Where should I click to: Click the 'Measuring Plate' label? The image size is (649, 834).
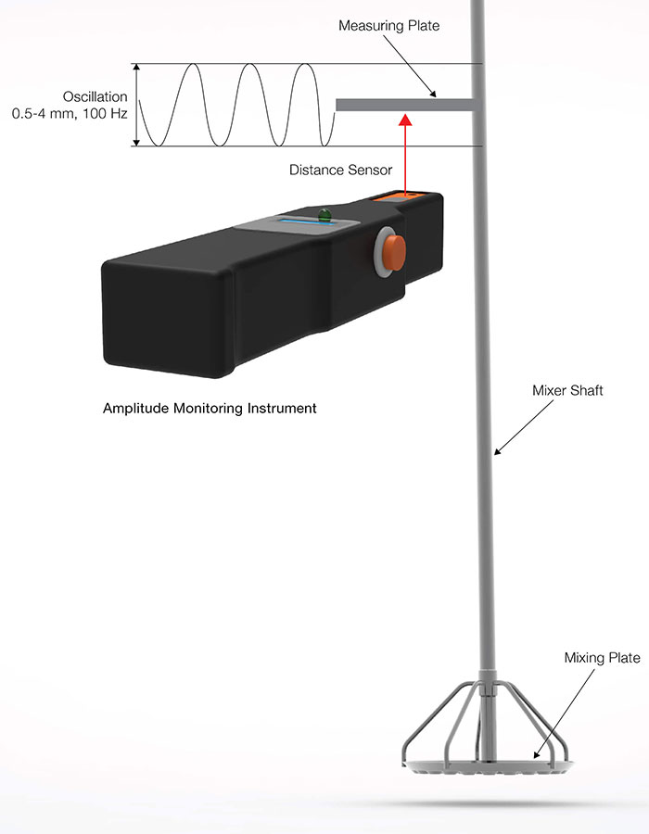(388, 26)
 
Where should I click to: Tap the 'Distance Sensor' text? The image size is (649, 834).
(340, 170)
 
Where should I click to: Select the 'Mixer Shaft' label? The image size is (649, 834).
(567, 390)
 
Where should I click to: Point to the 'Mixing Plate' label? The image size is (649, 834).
(603, 658)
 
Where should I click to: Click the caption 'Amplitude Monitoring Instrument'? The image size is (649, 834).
(210, 409)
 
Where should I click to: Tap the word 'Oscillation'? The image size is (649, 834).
(95, 96)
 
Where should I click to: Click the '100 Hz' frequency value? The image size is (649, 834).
(105, 113)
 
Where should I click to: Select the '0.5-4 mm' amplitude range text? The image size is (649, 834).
(43, 113)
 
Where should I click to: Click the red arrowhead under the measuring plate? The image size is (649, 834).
(405, 119)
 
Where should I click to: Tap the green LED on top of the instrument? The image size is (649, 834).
(324, 215)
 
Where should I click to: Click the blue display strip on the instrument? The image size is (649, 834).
(308, 221)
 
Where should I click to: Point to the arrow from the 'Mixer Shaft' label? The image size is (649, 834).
(524, 427)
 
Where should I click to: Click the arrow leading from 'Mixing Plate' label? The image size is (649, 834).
(565, 714)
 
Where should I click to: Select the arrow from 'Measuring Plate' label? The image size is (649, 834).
(410, 67)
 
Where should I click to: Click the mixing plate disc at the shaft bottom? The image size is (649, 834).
(488, 766)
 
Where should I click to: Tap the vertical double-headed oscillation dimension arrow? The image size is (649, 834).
(136, 105)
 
